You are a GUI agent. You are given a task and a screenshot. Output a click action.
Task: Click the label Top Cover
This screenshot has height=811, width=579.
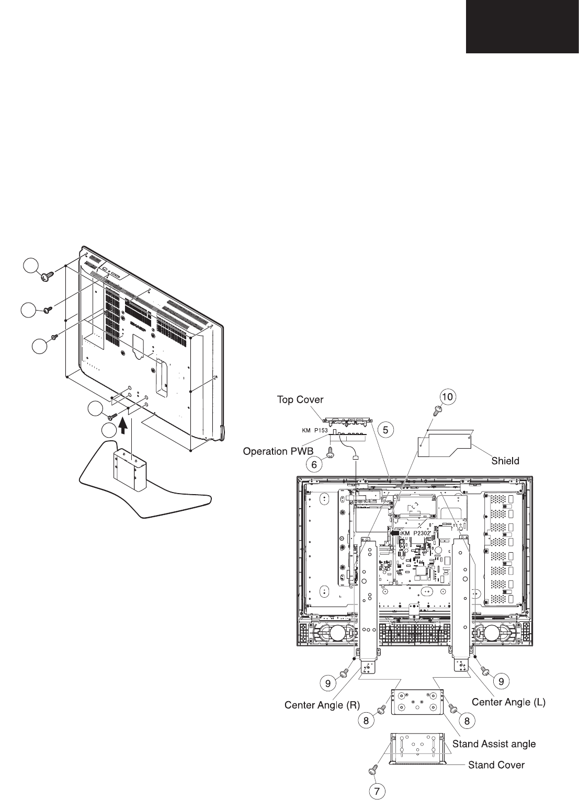pos(300,400)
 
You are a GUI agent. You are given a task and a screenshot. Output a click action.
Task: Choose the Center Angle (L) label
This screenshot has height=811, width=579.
pos(509,703)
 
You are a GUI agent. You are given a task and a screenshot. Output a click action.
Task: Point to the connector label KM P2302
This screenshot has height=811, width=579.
pos(416,533)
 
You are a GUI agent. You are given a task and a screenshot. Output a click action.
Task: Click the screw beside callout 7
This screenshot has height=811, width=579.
pos(374,770)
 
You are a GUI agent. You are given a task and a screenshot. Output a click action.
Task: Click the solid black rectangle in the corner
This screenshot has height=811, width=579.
pos(523,26)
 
